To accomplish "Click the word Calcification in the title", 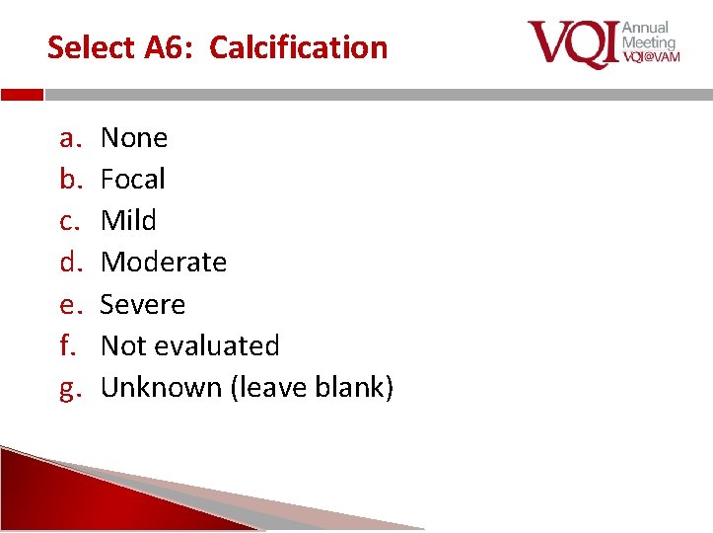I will [x=299, y=47].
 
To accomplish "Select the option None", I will [x=134, y=137].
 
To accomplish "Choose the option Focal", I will [x=133, y=180].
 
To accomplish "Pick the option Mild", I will [x=128, y=220].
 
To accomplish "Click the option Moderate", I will [x=164, y=263].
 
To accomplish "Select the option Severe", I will [x=143, y=304].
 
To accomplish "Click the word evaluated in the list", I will [x=218, y=345].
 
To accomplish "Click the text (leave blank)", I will [x=312, y=388].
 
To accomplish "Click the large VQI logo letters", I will [x=573, y=43].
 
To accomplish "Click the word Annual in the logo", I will [x=645, y=28].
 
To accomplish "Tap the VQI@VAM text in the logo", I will [x=651, y=57].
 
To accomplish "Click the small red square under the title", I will [x=22, y=95].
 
